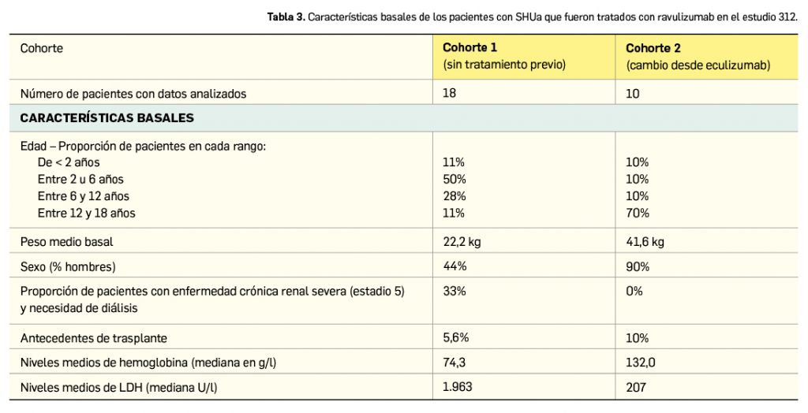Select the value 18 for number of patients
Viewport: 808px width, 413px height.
450,94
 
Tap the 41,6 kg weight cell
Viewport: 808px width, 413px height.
645,242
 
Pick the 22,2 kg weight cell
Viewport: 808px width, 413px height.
462,242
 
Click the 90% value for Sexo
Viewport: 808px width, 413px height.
638,266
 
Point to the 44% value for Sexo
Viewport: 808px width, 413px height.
454,266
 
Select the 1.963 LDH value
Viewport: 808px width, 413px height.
458,387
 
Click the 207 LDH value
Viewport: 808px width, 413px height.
636,387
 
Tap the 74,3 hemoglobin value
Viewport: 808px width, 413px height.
455,363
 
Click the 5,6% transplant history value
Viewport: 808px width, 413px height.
456,338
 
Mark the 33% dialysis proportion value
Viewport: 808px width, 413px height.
454,291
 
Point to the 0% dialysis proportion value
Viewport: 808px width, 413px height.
634,291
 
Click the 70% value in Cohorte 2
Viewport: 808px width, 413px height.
638,213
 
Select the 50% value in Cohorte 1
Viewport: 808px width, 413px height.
454,179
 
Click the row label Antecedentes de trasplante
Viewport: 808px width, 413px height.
93,338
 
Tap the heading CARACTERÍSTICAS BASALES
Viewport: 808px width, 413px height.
107,118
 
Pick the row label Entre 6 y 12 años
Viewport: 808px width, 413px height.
83,196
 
